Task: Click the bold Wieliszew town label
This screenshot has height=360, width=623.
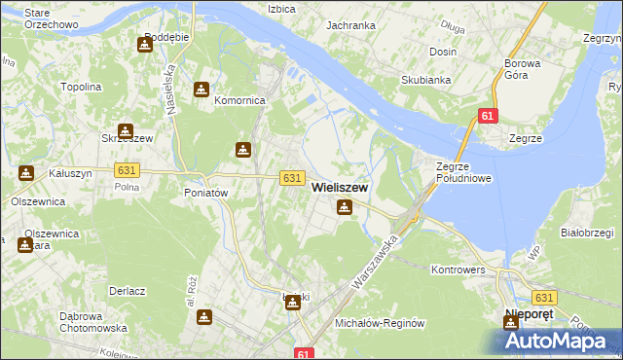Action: click(x=339, y=189)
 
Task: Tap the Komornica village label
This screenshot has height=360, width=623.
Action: click(x=239, y=100)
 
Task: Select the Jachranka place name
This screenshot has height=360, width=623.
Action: click(x=350, y=25)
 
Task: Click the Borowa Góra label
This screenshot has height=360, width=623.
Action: click(x=522, y=70)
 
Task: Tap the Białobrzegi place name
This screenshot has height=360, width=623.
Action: click(x=586, y=233)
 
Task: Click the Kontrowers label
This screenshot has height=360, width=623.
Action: click(x=457, y=268)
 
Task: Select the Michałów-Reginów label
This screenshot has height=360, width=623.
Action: click(x=381, y=322)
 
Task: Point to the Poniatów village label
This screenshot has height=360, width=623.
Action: click(x=205, y=193)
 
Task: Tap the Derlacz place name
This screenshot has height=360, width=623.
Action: click(x=128, y=291)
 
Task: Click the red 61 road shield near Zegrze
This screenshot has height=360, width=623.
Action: click(x=488, y=117)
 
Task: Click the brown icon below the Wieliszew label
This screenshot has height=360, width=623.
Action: click(x=345, y=207)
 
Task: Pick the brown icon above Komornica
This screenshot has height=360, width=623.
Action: click(x=201, y=90)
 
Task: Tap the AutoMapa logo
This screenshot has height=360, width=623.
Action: click(x=559, y=340)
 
